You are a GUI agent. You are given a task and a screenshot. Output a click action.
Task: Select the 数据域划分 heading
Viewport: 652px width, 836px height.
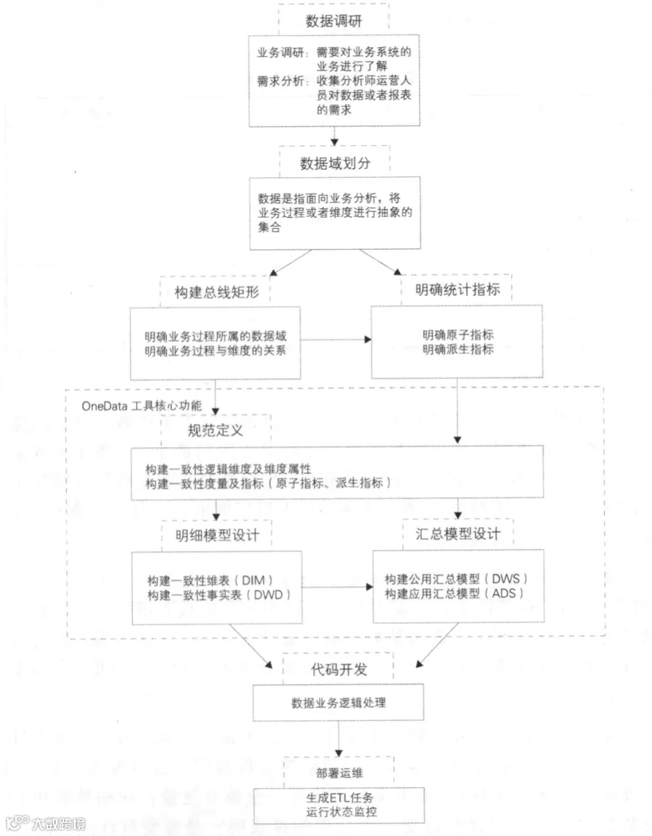(x=335, y=163)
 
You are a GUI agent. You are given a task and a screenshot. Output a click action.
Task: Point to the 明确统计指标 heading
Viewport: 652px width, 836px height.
(x=457, y=290)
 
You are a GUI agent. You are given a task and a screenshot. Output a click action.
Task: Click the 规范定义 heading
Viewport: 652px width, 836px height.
(x=215, y=430)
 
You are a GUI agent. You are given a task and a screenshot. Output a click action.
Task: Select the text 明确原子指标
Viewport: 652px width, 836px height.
(x=457, y=335)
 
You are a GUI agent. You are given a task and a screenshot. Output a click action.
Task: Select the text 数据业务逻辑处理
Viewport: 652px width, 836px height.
(x=338, y=703)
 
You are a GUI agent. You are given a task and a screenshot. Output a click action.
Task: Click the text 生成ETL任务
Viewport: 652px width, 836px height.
(x=339, y=797)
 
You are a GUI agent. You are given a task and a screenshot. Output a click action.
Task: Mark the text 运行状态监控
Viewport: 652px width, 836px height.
(x=339, y=811)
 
